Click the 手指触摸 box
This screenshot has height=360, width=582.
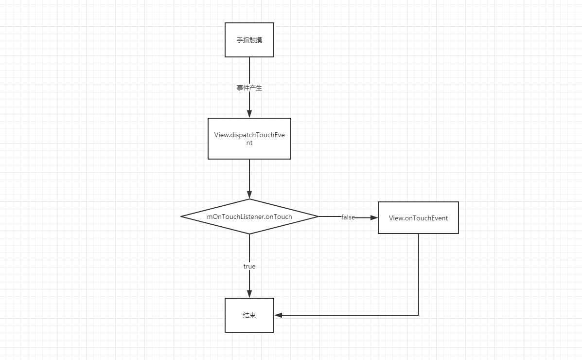(249, 40)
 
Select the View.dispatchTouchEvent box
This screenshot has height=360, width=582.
(249, 139)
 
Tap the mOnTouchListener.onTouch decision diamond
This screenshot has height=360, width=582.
(249, 216)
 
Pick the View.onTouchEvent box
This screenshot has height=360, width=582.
(418, 218)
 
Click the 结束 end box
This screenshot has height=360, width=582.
(249, 315)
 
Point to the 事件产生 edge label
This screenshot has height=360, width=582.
(249, 88)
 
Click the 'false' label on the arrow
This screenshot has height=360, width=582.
(348, 217)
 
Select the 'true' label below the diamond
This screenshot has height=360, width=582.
(249, 267)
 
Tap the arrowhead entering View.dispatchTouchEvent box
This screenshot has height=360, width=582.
(249, 114)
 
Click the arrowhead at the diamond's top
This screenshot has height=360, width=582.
(249, 195)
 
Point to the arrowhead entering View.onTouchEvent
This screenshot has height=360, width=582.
(374, 218)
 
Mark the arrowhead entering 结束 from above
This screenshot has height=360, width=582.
(249, 294)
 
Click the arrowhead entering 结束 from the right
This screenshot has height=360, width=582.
(279, 315)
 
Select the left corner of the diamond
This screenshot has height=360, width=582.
(181, 216)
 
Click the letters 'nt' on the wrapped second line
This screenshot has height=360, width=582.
(249, 143)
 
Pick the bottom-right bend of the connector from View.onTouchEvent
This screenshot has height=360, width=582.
(419, 315)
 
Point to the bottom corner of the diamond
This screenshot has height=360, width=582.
(249, 234)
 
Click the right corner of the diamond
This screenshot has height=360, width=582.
(318, 216)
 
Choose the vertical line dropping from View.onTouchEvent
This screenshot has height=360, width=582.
(419, 274)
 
